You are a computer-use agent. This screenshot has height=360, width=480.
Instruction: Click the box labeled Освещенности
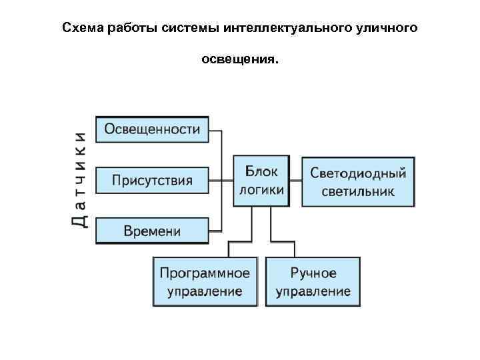[x=152, y=129]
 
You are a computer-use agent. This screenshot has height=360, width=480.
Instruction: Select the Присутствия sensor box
[x=152, y=180]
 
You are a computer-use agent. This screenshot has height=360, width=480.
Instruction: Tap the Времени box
[x=152, y=231]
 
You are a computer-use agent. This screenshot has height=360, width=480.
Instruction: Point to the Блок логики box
[x=261, y=181]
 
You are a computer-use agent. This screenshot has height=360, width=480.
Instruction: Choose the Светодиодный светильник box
[x=358, y=181]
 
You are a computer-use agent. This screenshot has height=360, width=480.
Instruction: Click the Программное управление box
[x=205, y=282]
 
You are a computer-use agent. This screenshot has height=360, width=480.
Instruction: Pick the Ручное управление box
[x=313, y=282]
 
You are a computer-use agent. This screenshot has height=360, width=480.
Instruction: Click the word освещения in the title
[x=240, y=61]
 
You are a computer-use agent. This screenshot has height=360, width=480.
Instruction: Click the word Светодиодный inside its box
[x=358, y=173]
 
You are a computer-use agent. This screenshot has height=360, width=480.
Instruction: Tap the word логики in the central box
[x=261, y=189]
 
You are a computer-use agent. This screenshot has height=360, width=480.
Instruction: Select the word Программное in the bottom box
[x=205, y=273]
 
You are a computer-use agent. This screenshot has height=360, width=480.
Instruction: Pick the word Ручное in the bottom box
[x=313, y=273]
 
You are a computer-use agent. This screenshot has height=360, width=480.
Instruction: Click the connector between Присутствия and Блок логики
[x=221, y=180]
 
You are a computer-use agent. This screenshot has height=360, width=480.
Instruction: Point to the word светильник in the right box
[x=358, y=191]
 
